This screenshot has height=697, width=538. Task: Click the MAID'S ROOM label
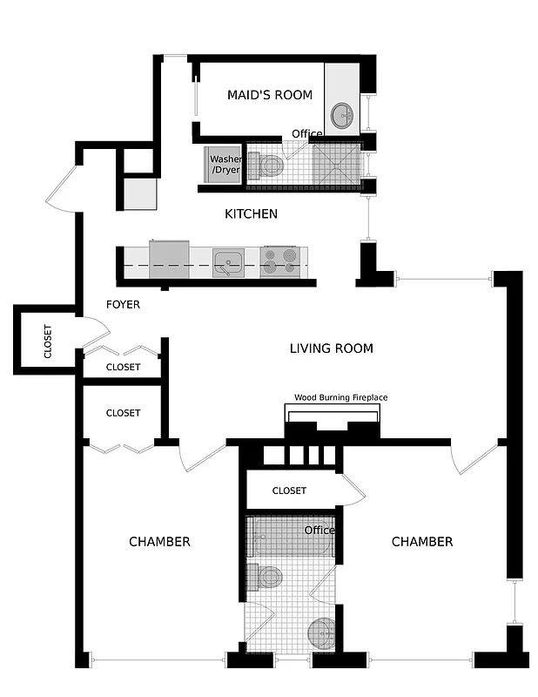pos(269,95)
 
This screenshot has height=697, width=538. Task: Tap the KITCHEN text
pos(251,213)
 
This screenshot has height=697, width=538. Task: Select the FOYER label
pos(123,305)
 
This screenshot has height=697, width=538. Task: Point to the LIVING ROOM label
pos(331,348)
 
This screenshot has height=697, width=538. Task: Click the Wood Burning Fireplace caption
pos(340,397)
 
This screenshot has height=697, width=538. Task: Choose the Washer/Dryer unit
pos(225,165)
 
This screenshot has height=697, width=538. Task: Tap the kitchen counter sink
pos(229,261)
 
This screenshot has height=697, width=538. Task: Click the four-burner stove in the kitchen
pos(279,261)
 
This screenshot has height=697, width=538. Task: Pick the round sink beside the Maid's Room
pos(344,114)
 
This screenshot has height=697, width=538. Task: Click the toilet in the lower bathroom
pos(266,576)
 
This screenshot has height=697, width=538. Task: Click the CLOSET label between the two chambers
pos(289,491)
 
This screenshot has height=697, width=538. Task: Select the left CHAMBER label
pos(159,542)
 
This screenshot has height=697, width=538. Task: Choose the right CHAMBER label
pos(421,542)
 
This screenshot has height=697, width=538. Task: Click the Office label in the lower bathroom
pos(319,530)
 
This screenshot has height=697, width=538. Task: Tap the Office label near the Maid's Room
pos(307,133)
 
